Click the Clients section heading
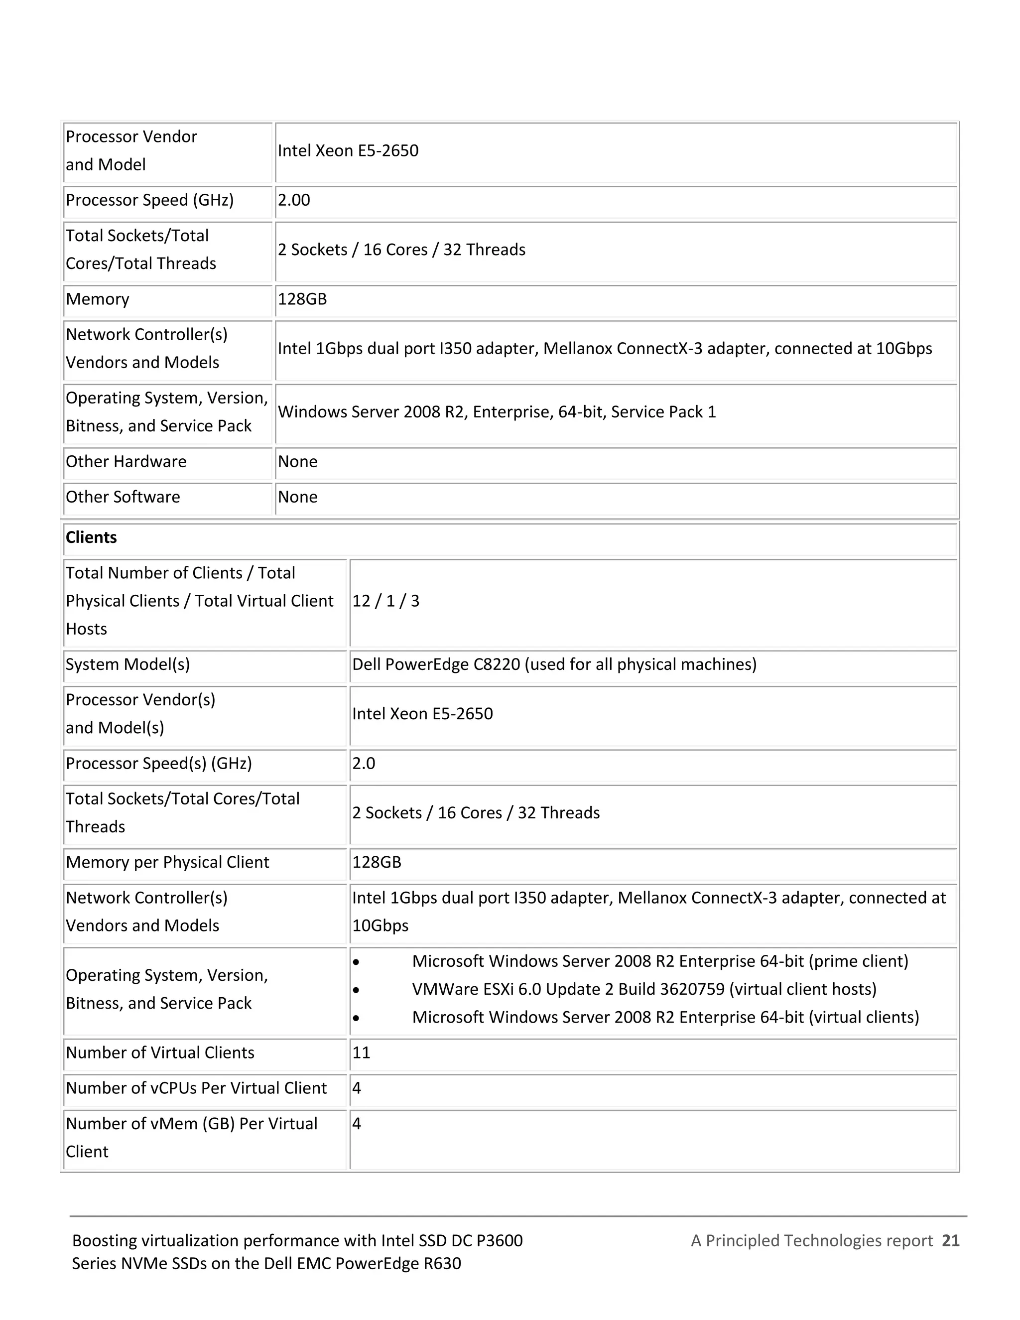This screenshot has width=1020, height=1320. click(x=91, y=537)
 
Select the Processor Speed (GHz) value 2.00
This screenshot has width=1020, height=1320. click(x=294, y=200)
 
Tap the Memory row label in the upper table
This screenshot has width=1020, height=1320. click(x=97, y=299)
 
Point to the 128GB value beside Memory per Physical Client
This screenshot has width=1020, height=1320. click(x=377, y=862)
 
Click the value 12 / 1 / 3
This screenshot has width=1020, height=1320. click(x=385, y=601)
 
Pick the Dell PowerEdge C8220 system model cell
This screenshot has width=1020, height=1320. click(x=554, y=664)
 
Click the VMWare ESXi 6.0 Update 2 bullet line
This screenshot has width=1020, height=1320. click(x=644, y=989)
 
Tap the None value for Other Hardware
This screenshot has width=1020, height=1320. click(x=297, y=461)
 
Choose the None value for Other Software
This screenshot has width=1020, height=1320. click(x=297, y=497)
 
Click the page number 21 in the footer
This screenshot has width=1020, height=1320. click(x=950, y=1240)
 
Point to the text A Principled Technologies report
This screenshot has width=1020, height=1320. click(x=811, y=1240)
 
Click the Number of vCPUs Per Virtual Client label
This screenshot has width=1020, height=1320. click(x=196, y=1088)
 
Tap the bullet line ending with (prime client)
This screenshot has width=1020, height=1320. click(x=660, y=961)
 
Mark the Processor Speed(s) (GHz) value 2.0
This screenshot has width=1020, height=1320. click(x=364, y=763)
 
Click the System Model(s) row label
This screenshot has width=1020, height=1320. click(x=127, y=664)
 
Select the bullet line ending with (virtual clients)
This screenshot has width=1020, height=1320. click(x=665, y=1017)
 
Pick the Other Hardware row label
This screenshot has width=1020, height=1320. click(x=126, y=461)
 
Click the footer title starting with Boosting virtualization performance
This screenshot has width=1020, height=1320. click(x=297, y=1252)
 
